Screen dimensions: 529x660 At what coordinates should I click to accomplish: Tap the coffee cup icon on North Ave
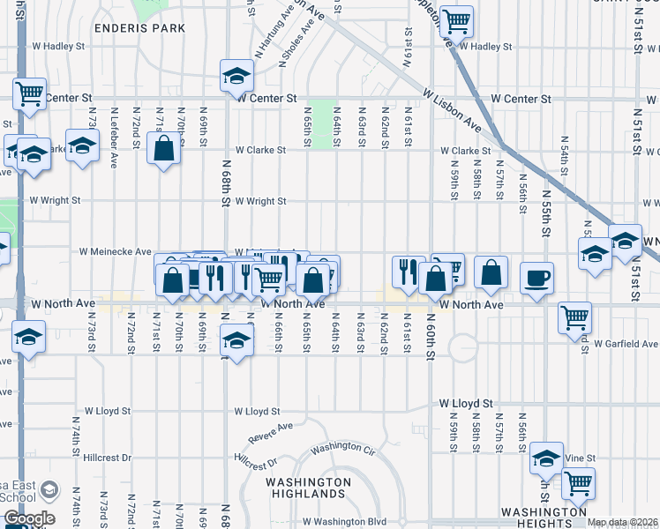click(x=536, y=279)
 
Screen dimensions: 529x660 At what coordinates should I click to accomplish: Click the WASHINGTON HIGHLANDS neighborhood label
click(x=308, y=488)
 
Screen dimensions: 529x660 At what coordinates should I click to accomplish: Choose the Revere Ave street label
click(x=270, y=433)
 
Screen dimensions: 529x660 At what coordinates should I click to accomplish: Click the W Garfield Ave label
click(x=626, y=344)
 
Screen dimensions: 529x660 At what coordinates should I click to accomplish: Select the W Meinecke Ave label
click(x=116, y=251)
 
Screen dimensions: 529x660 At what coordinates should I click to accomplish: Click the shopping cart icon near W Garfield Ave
click(x=575, y=317)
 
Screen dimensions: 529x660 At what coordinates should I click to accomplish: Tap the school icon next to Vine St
click(x=546, y=458)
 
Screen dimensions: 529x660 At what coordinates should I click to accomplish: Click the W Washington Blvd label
click(x=345, y=522)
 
